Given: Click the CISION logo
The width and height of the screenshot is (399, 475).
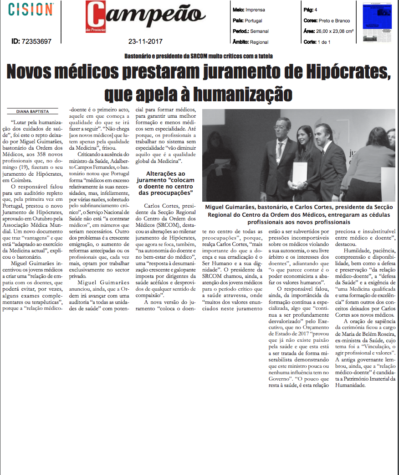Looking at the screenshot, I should [x=31, y=9].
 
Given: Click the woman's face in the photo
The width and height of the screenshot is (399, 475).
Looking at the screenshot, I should [x=303, y=136].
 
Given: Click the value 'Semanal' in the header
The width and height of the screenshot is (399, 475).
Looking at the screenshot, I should [x=260, y=31].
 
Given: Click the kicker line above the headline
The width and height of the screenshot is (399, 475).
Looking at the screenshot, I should [x=199, y=57].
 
